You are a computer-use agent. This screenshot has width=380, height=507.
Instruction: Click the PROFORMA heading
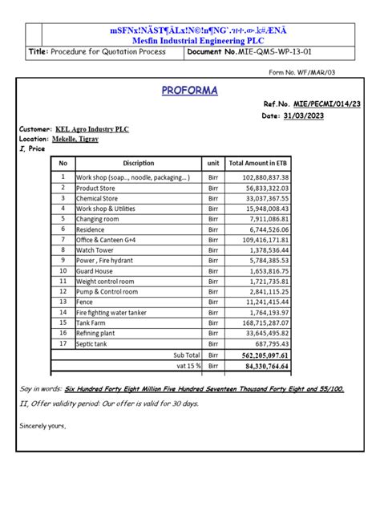point(190,90)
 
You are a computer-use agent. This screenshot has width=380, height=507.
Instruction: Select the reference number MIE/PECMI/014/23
point(321,104)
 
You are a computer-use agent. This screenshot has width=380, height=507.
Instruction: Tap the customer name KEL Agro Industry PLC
point(92,129)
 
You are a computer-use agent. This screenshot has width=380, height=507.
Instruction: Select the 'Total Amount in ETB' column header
point(258,163)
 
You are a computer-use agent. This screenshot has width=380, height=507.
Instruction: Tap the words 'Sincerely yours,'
point(43,425)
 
